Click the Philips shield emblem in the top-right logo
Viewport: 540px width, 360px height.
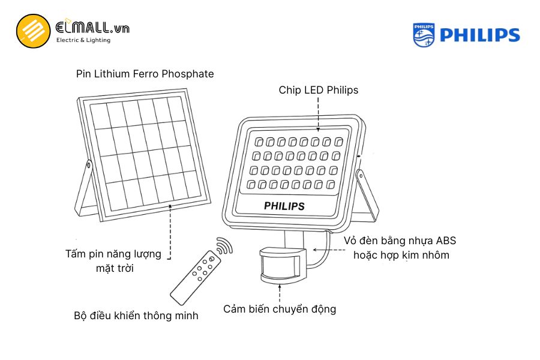tap(424, 35)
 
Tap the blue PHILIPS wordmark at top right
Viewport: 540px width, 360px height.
tap(479, 35)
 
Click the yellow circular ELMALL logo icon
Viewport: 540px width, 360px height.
tap(33, 31)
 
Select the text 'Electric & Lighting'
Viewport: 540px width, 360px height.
tap(83, 40)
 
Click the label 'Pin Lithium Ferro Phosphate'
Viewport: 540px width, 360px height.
tap(145, 74)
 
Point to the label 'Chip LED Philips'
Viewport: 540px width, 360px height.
tap(318, 90)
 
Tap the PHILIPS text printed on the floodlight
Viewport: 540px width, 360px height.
tap(284, 206)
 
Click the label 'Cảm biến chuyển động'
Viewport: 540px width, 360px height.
tap(280, 309)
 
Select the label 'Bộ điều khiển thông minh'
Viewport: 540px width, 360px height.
tap(136, 315)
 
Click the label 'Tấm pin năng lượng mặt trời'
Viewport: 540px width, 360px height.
tap(113, 260)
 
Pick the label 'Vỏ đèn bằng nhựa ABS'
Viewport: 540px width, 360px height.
tap(400, 241)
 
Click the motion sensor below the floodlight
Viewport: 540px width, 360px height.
tap(282, 265)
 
